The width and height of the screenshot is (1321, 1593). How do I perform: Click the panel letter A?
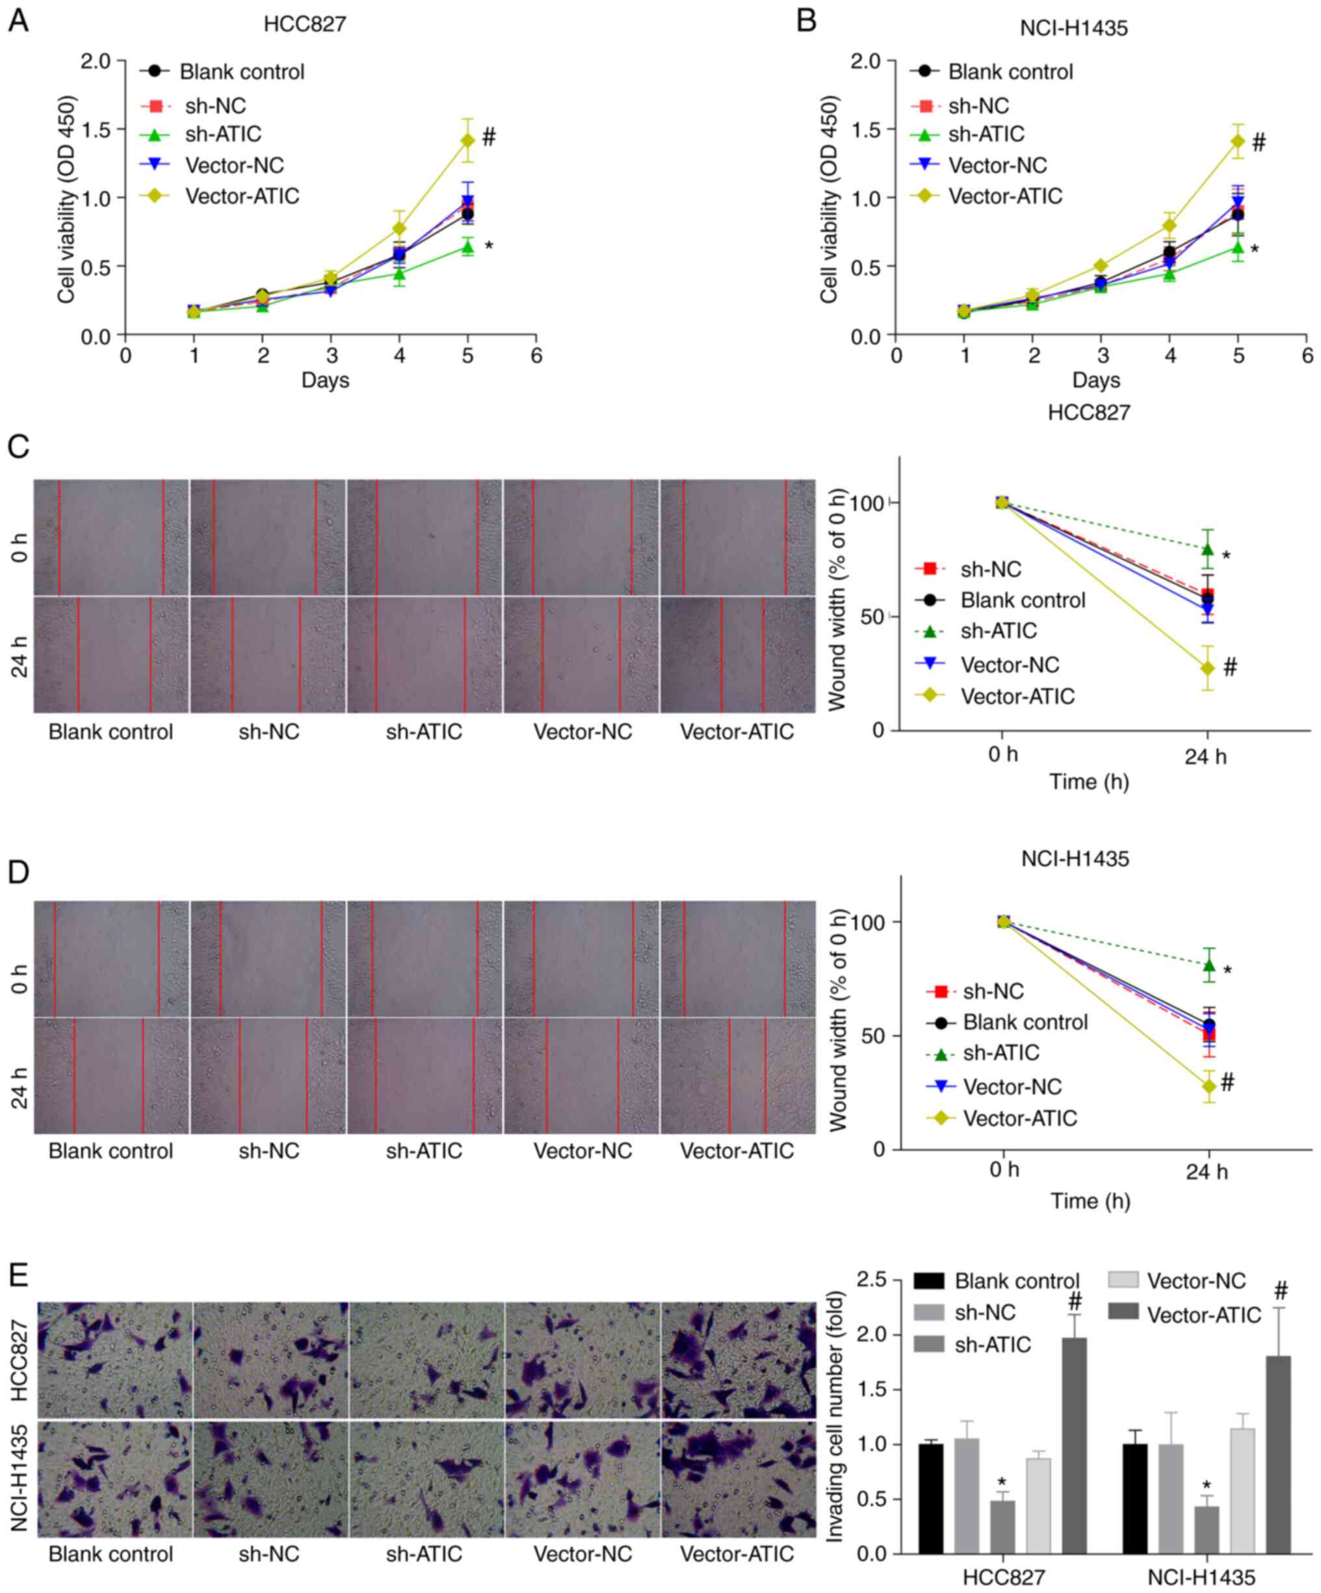18,21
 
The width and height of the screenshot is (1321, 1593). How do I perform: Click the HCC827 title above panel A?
305,24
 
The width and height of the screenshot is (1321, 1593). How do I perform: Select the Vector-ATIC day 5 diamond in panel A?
468,140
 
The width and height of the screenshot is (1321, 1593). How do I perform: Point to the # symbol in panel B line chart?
1259,142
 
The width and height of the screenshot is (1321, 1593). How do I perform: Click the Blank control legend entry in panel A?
241,72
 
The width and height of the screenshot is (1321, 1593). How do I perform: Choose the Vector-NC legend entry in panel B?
997,165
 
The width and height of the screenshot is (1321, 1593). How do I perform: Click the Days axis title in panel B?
1096,379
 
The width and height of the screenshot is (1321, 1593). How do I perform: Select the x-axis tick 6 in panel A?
536,356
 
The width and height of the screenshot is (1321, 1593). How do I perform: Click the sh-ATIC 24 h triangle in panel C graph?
1207,549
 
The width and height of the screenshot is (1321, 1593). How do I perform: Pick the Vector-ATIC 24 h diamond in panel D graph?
1208,1086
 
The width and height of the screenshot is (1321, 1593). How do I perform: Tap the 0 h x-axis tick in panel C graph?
1002,756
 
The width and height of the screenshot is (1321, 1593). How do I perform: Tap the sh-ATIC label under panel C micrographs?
424,732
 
